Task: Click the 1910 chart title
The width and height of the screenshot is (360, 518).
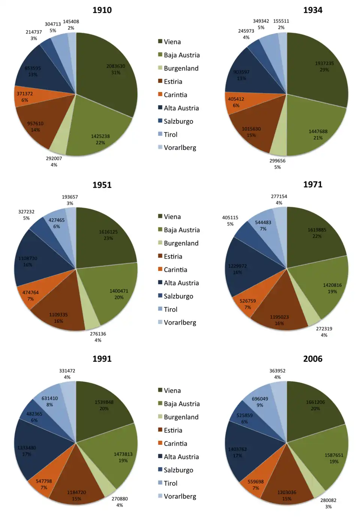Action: click(x=102, y=10)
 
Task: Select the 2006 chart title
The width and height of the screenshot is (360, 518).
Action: click(x=312, y=359)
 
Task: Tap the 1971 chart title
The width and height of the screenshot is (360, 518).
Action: click(x=312, y=184)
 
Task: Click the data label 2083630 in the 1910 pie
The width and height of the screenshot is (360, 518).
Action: click(x=115, y=66)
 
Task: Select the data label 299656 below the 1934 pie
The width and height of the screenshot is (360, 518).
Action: click(x=277, y=161)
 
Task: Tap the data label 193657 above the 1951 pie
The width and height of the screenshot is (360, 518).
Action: click(x=70, y=197)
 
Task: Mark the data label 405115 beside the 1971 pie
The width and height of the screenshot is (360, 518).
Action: click(x=230, y=218)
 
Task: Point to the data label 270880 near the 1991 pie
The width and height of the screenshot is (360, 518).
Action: click(x=120, y=499)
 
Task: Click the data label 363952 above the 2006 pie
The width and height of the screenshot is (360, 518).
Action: click(x=277, y=371)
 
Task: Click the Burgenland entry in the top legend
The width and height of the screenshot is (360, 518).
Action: click(x=181, y=68)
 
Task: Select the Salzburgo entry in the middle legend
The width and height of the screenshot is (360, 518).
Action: click(x=178, y=296)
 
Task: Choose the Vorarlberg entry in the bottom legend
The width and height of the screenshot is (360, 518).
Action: click(x=180, y=496)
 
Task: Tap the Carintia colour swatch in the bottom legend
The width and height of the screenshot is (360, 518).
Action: click(x=160, y=443)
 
